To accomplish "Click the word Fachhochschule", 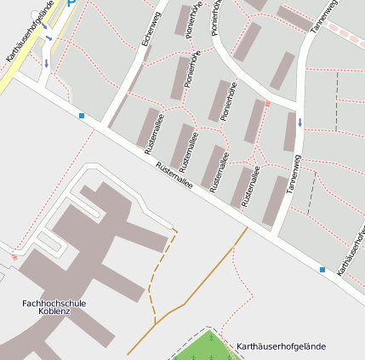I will [54, 302].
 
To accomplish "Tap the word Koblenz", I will [54, 311].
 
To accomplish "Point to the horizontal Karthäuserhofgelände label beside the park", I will [281, 346].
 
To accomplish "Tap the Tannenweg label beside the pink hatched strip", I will [323, 17].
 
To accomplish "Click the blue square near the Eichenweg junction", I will [82, 115].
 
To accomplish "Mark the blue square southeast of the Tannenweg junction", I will [322, 270].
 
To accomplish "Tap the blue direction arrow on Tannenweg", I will [299, 122].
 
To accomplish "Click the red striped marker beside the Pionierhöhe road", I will [267, 104].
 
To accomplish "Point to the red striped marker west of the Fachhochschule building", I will [14, 256].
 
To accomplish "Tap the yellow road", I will [21, 68].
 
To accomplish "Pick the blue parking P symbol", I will [72, 3].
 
